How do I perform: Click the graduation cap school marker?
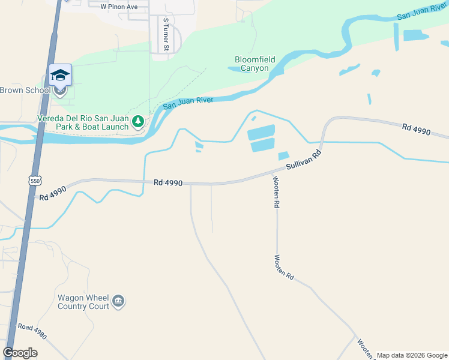(60, 75)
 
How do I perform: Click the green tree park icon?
(138, 122)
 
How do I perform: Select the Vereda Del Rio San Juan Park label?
(83, 122)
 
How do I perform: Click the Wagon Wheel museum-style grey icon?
(118, 301)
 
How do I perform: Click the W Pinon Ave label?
(119, 6)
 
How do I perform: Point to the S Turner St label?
(166, 34)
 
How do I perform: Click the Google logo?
(20, 353)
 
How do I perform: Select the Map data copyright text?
(411, 355)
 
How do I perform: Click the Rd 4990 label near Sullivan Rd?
(168, 182)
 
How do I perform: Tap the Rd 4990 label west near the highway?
(53, 193)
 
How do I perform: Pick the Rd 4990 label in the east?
(417, 129)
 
